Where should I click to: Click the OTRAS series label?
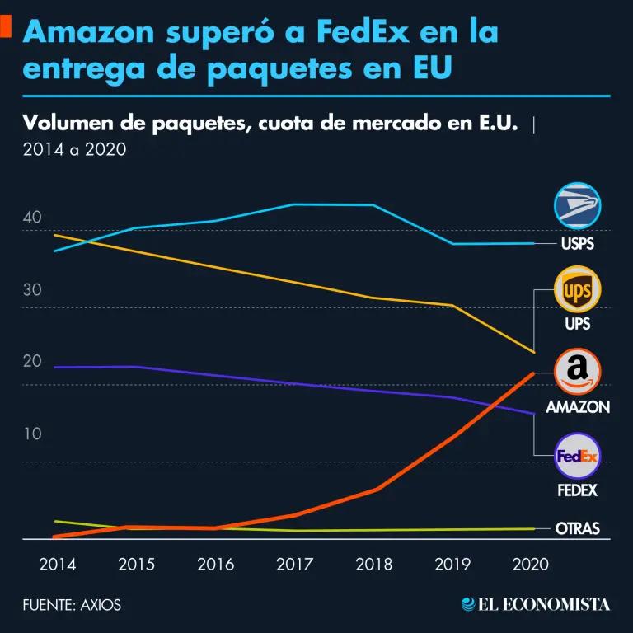point(578,528)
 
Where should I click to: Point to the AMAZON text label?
point(578,407)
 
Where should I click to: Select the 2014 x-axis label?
point(58,565)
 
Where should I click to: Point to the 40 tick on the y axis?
point(32,218)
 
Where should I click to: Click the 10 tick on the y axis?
point(32,434)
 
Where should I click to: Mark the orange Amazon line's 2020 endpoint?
point(535,373)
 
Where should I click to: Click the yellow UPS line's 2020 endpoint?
point(535,353)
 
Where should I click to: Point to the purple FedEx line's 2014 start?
point(54,367)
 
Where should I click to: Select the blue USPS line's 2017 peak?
point(296,204)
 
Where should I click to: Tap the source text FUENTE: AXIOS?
point(72,605)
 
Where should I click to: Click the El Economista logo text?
point(536,605)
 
